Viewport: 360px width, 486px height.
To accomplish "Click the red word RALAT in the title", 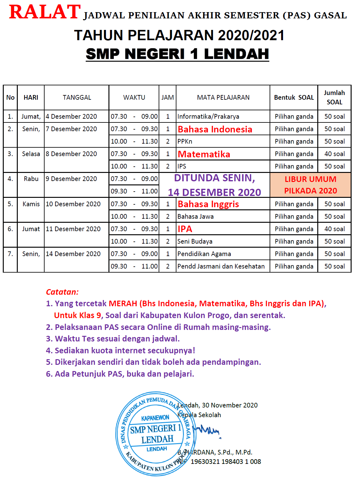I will [x=45, y=12].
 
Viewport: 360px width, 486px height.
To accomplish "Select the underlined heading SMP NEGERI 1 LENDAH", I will [x=177, y=54].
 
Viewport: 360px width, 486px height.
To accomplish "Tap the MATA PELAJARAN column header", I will [x=223, y=98].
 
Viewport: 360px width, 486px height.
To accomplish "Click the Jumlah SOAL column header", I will [x=334, y=98].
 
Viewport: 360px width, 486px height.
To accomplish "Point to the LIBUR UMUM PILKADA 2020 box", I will [x=310, y=185].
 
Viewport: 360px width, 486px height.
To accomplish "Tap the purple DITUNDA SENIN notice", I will [x=214, y=185].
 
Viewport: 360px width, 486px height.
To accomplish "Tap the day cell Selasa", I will [x=31, y=154].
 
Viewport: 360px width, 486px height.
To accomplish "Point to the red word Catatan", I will [x=62, y=292].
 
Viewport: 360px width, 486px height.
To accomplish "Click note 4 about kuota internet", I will [x=121, y=350].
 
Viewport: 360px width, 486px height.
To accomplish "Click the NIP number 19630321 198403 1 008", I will [x=226, y=461].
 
